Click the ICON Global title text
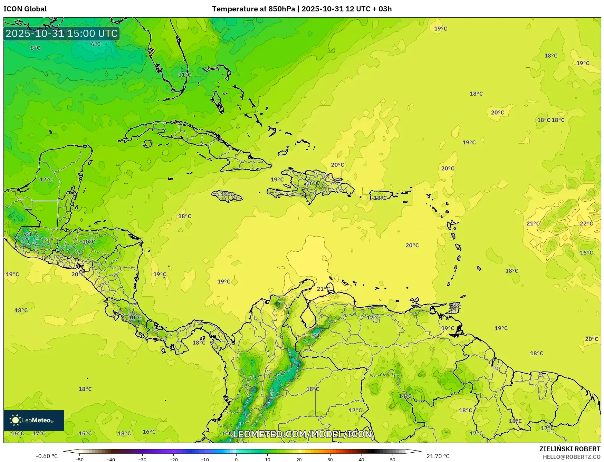click(25, 9)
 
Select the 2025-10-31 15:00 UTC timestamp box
click(61, 33)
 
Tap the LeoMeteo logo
click(33, 420)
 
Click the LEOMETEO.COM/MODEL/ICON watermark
click(302, 434)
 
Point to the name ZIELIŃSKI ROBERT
click(570, 449)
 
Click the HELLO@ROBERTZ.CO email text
click(571, 457)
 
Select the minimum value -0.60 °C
click(47, 456)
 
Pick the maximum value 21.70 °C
click(438, 456)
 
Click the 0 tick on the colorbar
click(236, 460)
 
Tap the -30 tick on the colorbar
click(142, 460)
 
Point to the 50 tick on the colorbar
click(393, 460)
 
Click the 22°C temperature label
click(586, 223)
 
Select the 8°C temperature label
click(35, 48)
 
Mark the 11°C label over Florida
click(184, 75)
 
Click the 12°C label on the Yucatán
click(46, 180)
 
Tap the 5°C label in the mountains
click(316, 335)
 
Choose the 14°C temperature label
click(405, 396)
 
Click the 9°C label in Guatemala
click(28, 234)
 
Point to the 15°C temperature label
click(85, 433)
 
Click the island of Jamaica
click(227, 196)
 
